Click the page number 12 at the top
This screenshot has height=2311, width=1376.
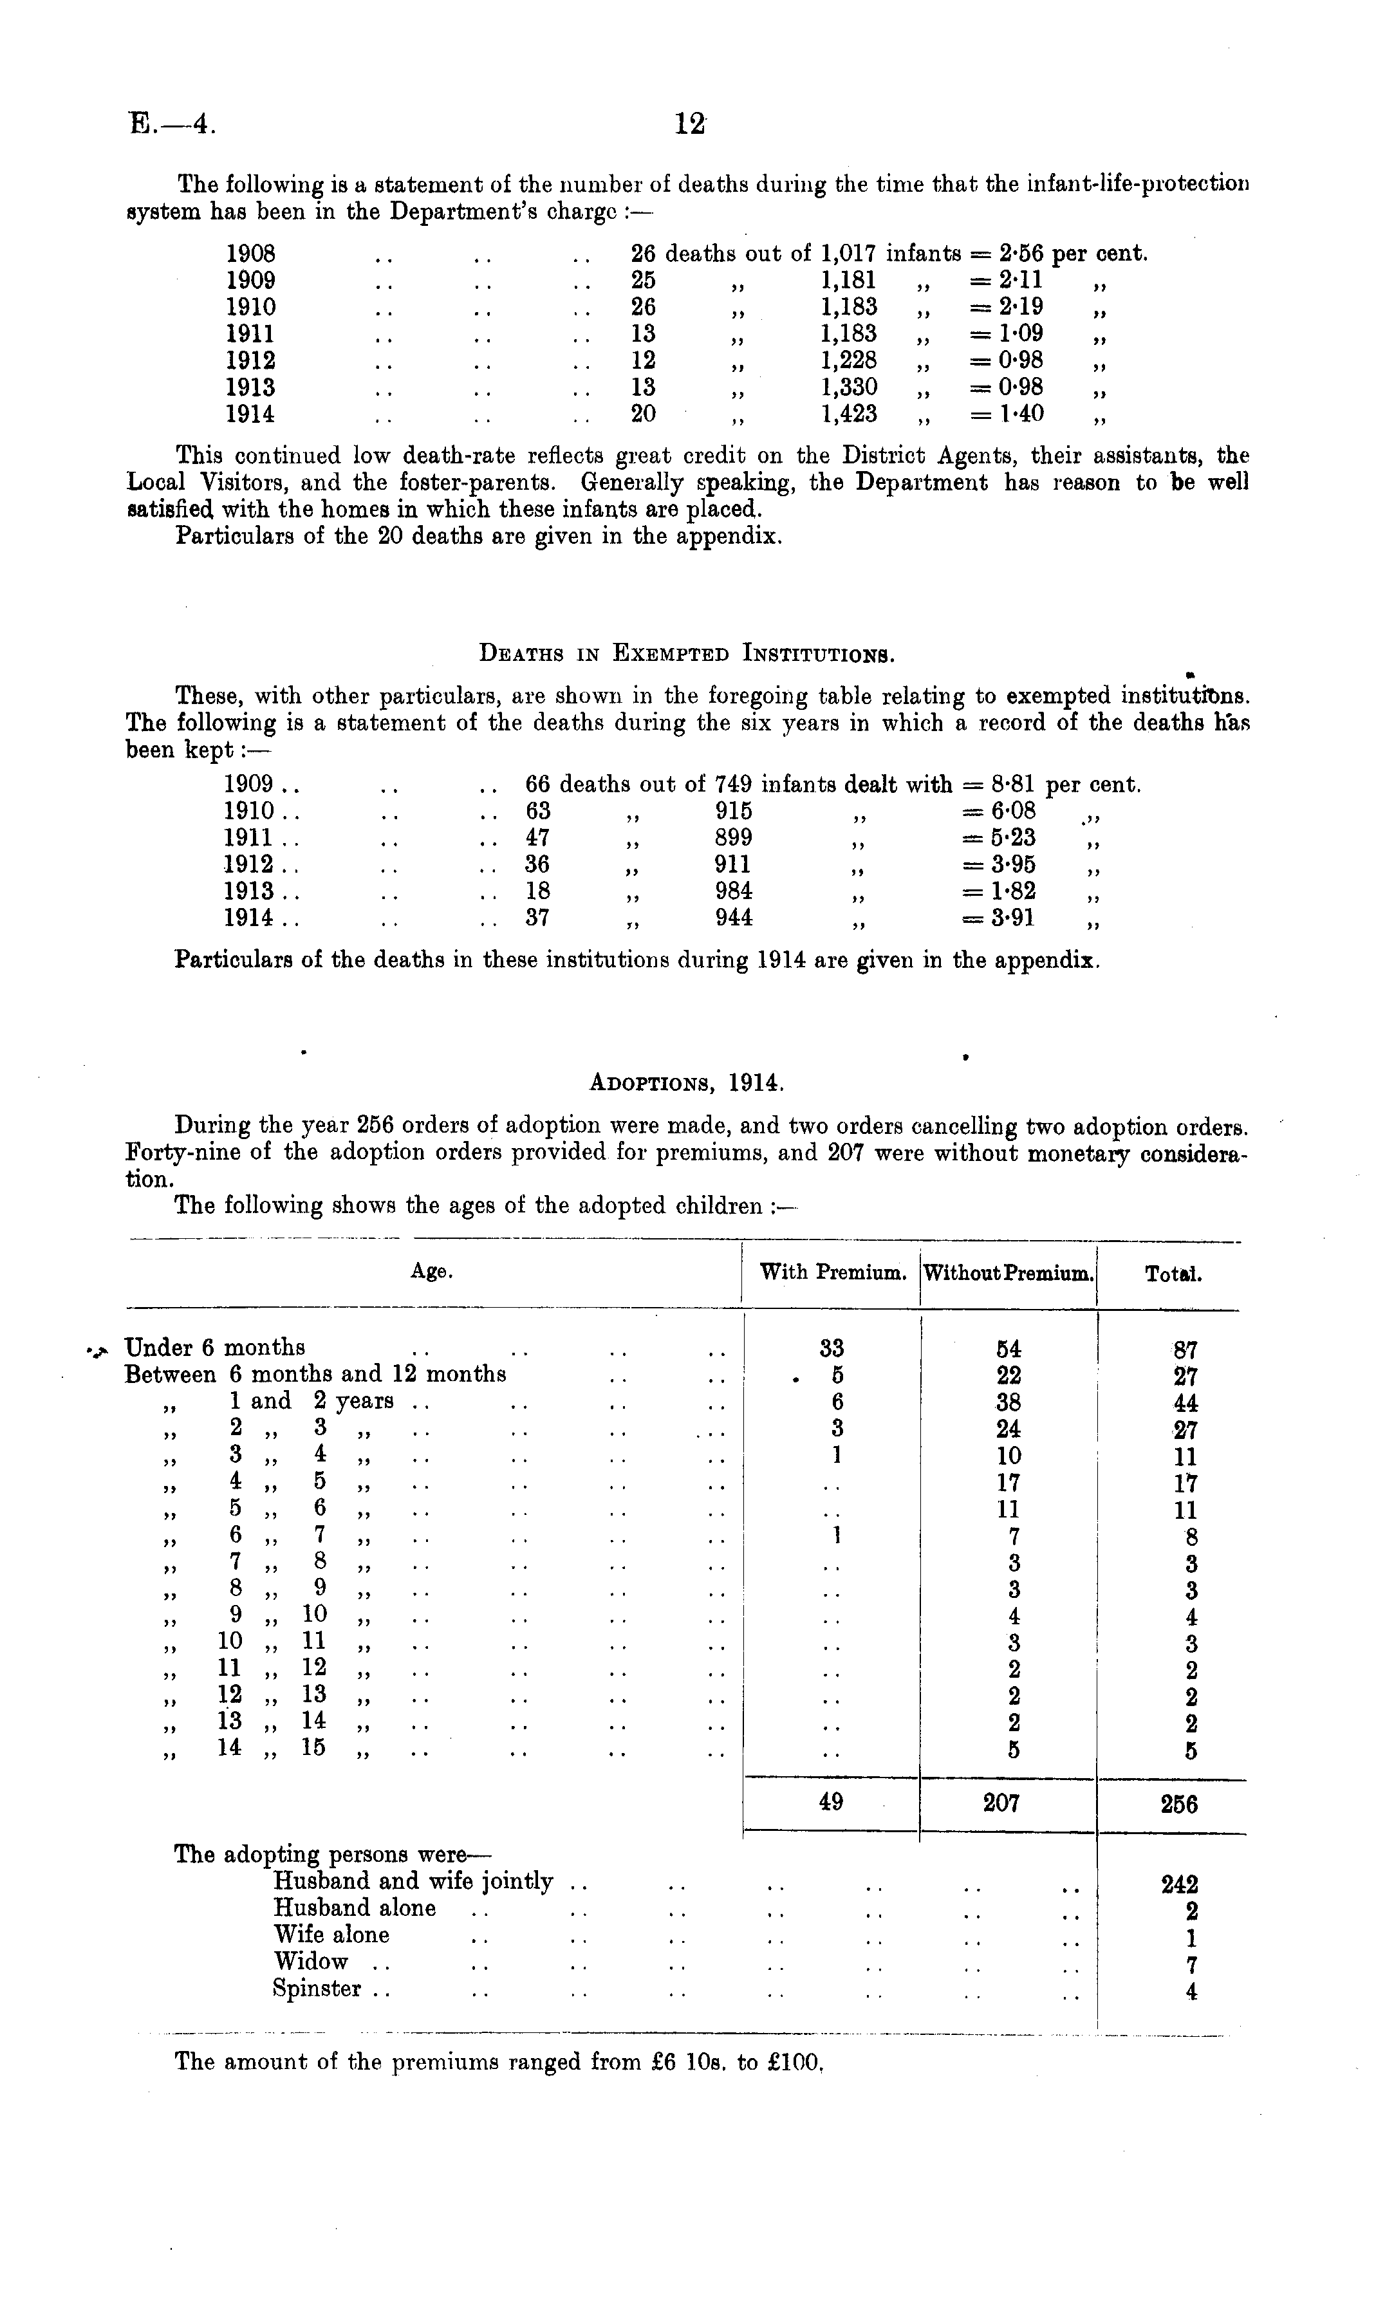[x=690, y=124]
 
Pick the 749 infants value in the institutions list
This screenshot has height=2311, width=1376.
[x=734, y=785]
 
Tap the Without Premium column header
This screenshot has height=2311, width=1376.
[x=1008, y=1274]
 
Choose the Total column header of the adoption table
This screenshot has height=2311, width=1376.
[x=1173, y=1275]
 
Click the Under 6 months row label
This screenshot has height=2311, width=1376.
[x=215, y=1347]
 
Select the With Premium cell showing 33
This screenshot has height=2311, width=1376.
[x=832, y=1348]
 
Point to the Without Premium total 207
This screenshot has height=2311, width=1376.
[x=1001, y=1802]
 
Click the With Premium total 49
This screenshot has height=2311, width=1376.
[x=831, y=1801]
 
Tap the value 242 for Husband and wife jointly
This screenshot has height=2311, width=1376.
[x=1180, y=1884]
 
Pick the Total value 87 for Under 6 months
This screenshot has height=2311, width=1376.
[x=1185, y=1350]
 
